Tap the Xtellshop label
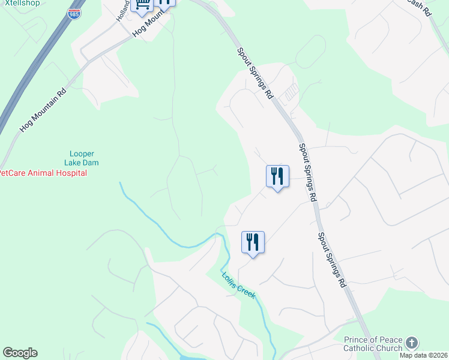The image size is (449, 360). [20, 3]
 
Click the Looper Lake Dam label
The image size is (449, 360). [82, 158]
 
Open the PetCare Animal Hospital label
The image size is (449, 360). [42, 173]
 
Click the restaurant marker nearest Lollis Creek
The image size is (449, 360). [253, 242]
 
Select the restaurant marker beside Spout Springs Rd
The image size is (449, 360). [277, 176]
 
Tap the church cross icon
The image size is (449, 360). [411, 343]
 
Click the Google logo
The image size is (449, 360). [20, 353]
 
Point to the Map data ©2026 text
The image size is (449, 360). [423, 355]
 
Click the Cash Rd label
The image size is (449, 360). [418, 8]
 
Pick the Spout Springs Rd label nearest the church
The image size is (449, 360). [332, 259]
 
